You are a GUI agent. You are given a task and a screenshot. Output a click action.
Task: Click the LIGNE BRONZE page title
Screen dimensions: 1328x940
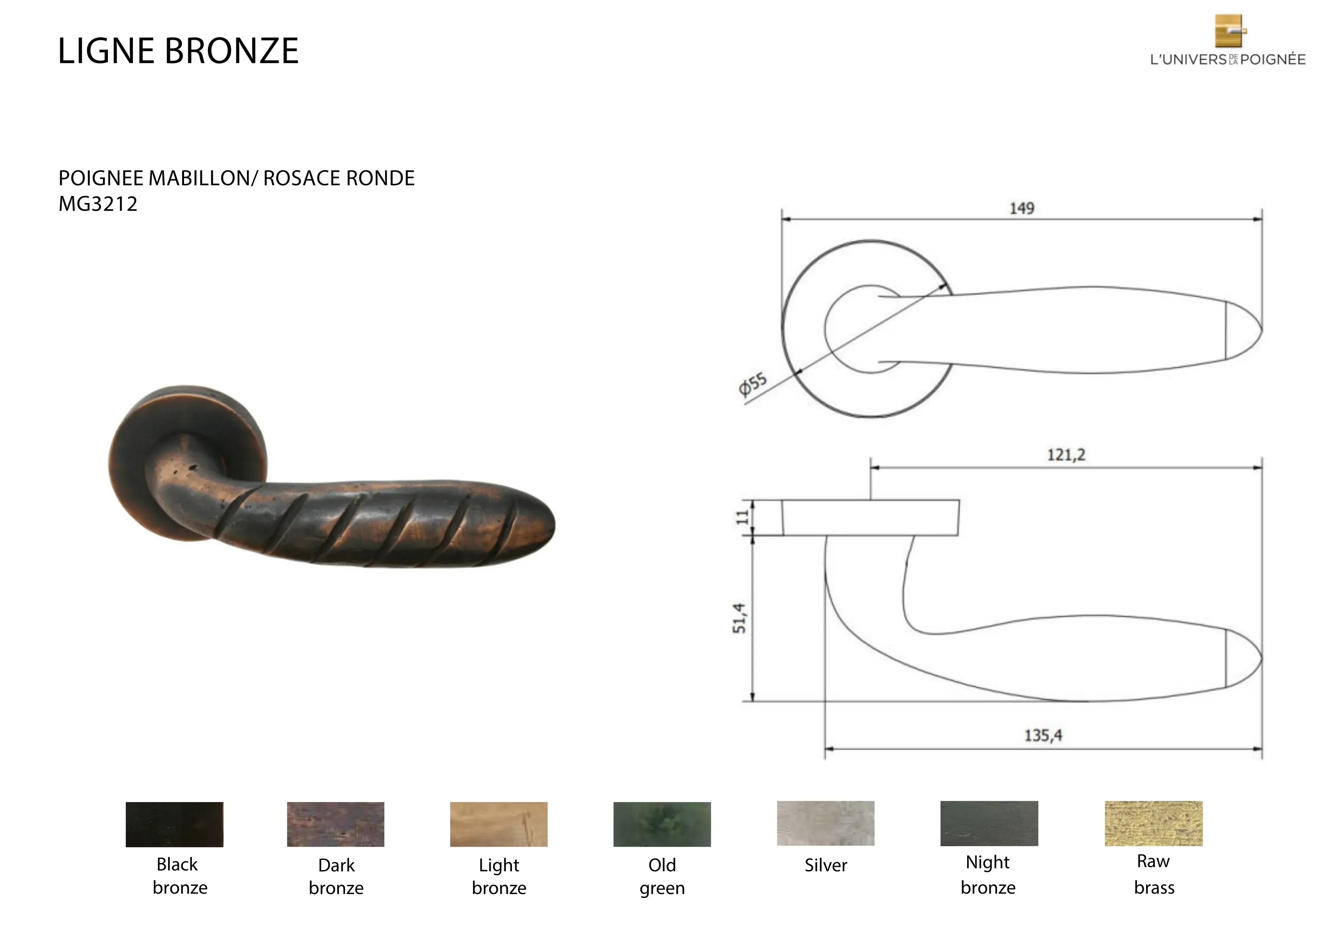[178, 51]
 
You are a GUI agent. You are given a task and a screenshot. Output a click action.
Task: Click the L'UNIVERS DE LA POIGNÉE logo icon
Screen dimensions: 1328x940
[1230, 31]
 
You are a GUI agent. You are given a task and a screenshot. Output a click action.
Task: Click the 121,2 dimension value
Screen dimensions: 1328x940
[1066, 455]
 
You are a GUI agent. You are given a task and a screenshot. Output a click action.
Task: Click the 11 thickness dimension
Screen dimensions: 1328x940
[741, 517]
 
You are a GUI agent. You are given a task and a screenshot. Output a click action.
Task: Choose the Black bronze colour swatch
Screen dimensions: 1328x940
[175, 824]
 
